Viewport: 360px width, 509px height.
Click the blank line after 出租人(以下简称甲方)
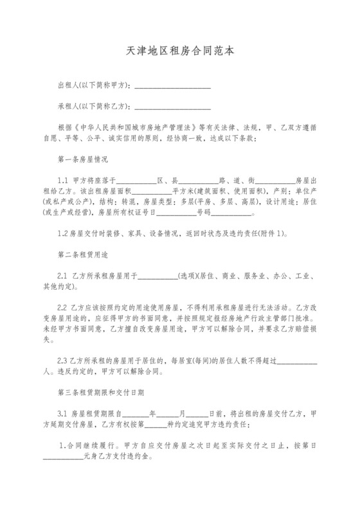coord(172,85)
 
